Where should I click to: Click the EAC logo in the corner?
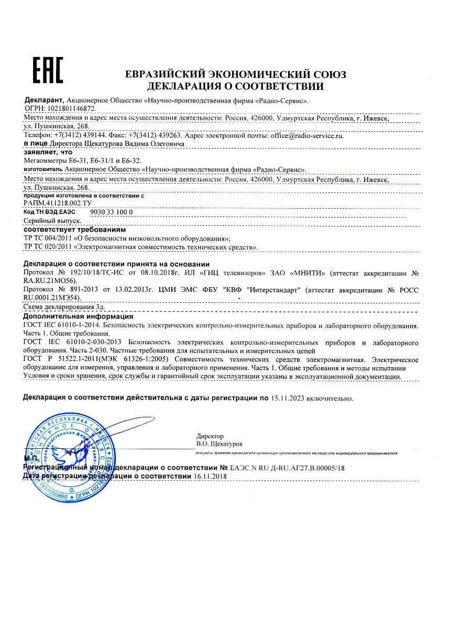(48, 70)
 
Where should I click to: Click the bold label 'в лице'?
(36, 143)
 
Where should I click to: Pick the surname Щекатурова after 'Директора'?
(104, 143)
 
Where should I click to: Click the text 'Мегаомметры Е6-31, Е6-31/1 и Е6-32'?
(83, 161)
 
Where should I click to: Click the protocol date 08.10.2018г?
(149, 273)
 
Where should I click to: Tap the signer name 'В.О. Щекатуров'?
(216, 444)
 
